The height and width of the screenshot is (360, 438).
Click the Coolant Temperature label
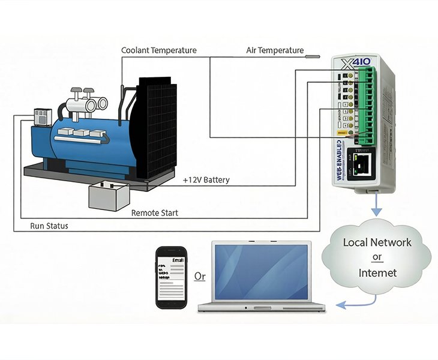tap(159, 50)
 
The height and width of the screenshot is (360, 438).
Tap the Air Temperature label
tap(275, 50)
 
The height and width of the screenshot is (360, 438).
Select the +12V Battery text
tap(206, 179)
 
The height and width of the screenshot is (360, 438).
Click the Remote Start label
tap(154, 212)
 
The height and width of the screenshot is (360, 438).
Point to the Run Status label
tap(49, 226)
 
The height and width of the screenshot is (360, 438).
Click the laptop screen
tap(261, 272)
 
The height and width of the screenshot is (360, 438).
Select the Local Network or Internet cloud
tap(377, 257)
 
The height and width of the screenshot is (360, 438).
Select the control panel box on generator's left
tap(43, 116)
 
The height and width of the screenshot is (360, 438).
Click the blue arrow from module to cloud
tap(376, 206)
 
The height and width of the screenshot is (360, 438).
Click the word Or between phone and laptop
tap(200, 277)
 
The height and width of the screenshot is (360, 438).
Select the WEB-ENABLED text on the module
tap(340, 160)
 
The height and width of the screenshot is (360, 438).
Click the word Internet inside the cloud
tap(377, 273)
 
